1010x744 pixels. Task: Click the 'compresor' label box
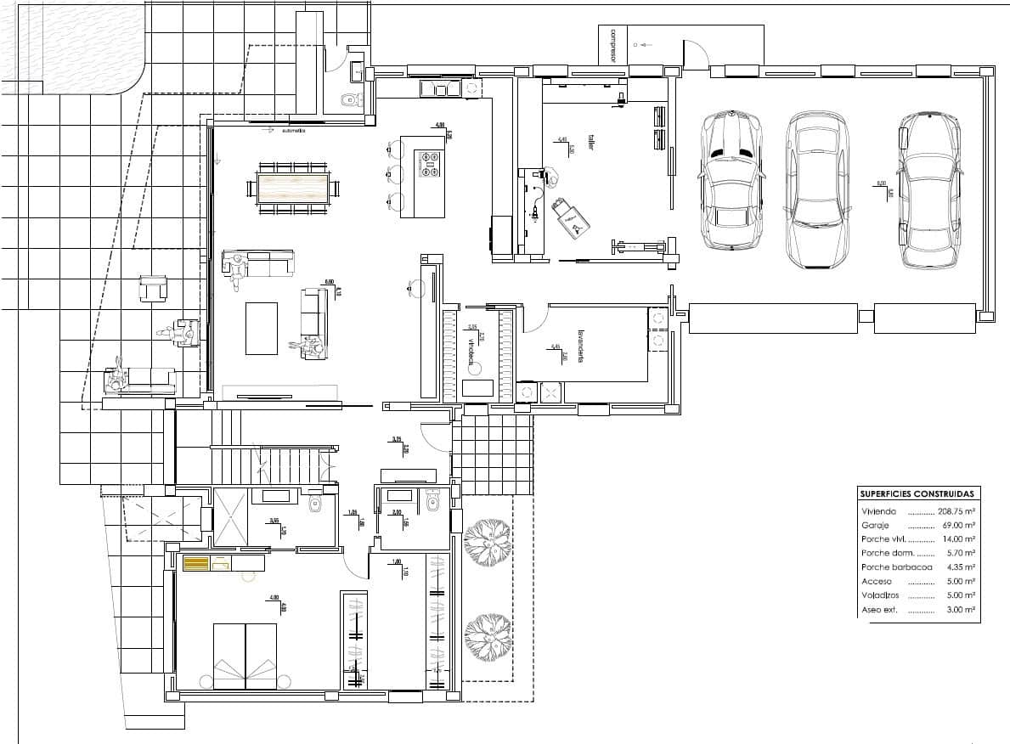tap(612, 45)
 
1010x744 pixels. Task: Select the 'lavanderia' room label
tap(582, 346)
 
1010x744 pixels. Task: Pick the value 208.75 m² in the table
tap(956, 512)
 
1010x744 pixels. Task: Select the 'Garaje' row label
tap(875, 526)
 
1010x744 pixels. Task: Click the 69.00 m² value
tap(958, 526)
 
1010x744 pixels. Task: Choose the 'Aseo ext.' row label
tap(879, 610)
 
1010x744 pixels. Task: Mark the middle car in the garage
tap(816, 191)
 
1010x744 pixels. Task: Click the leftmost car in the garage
tap(730, 180)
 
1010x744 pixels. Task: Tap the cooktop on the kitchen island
tap(429, 163)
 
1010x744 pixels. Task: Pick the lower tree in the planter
tap(488, 635)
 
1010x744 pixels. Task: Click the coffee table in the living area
tap(262, 328)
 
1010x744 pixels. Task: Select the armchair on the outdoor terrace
tap(154, 289)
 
